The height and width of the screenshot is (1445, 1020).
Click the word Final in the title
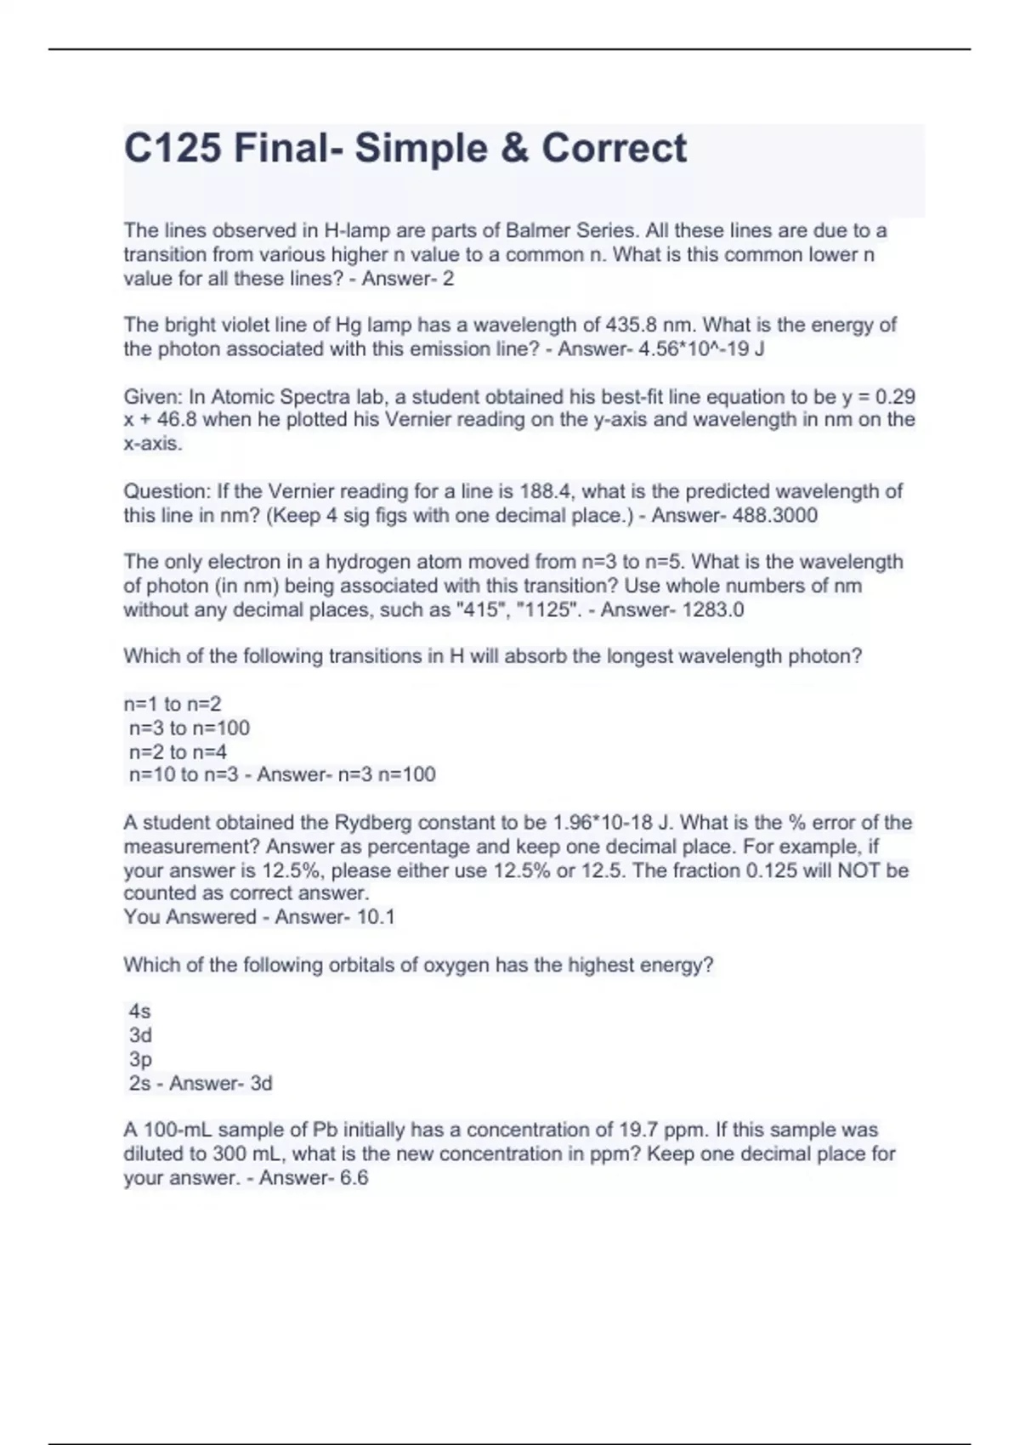click(x=280, y=148)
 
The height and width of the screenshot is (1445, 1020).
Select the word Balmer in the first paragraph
click(x=539, y=230)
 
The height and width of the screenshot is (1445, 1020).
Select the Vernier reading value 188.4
click(x=549, y=491)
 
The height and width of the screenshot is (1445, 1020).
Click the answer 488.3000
click(x=775, y=515)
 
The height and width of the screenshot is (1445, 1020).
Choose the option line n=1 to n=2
click(x=173, y=704)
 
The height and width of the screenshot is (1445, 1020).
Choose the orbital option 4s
click(x=139, y=1011)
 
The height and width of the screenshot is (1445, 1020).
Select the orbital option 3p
click(x=140, y=1059)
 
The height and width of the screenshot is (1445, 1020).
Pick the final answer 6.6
click(x=354, y=1177)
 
